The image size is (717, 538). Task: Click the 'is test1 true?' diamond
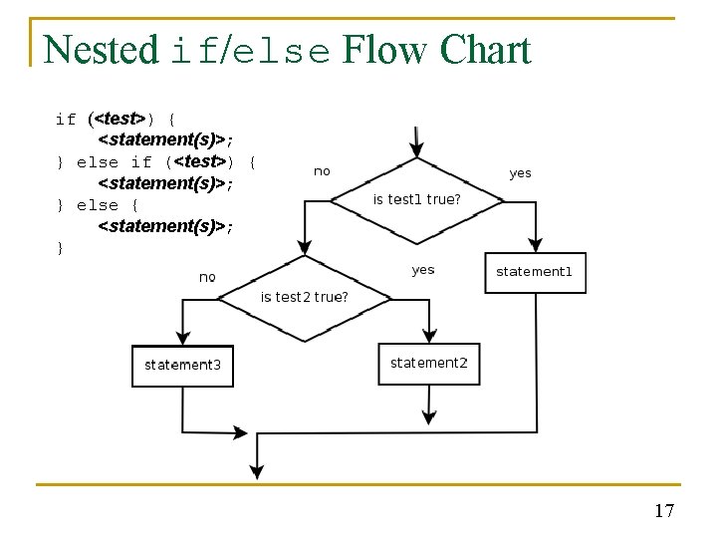click(416, 199)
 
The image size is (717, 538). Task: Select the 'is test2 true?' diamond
click(305, 297)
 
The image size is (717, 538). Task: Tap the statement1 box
click(535, 272)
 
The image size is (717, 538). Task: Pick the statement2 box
click(428, 363)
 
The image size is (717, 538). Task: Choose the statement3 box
click(182, 365)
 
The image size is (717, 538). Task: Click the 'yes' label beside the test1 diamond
click(520, 173)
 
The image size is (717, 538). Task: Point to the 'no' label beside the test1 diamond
click(322, 171)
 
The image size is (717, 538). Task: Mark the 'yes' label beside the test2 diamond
click(423, 270)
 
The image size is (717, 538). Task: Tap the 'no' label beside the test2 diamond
click(207, 277)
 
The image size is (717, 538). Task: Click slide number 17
click(664, 511)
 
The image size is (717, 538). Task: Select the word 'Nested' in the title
click(101, 50)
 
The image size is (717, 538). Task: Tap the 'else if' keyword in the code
click(114, 162)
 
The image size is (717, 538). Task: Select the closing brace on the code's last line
click(61, 248)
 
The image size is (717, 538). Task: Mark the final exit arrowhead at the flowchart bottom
click(257, 471)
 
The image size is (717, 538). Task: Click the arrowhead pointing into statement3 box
click(182, 338)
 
